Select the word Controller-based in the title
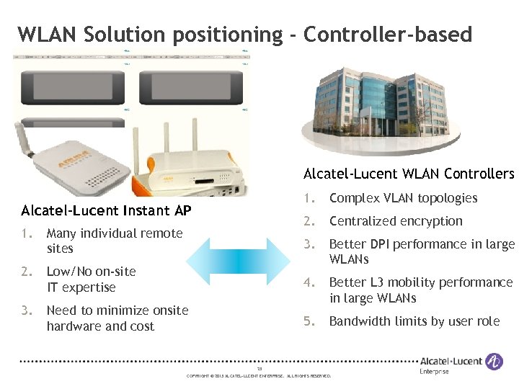388,34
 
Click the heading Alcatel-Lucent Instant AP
106,210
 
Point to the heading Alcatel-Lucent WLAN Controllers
409,174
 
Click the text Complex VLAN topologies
403,198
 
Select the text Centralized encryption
396,221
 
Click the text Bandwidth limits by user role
414,321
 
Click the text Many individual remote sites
114,241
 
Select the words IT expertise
81,287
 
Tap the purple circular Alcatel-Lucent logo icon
494,361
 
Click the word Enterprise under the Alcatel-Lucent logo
434,372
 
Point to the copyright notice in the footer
259,376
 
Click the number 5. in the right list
309,321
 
